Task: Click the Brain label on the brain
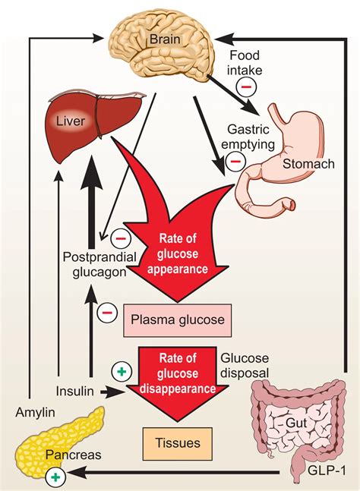tap(165, 39)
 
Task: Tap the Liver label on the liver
tap(71, 121)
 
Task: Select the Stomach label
tap(308, 164)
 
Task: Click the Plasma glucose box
tap(178, 320)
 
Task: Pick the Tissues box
tap(178, 443)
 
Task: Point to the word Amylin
tap(35, 413)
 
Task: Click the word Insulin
tap(75, 391)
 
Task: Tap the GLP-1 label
tap(327, 471)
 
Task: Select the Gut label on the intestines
tap(296, 423)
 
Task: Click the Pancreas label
tap(74, 455)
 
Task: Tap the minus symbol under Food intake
tap(246, 87)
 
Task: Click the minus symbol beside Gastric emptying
tap(235, 162)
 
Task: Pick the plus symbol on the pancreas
tap(55, 477)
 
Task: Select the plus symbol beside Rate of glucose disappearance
tap(122, 371)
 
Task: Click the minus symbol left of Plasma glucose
tap(107, 313)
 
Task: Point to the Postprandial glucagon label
tap(100, 264)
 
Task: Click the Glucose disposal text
tap(245, 366)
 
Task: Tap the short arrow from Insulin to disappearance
tap(112, 392)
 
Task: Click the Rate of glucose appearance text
tap(178, 253)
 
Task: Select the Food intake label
tap(245, 63)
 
